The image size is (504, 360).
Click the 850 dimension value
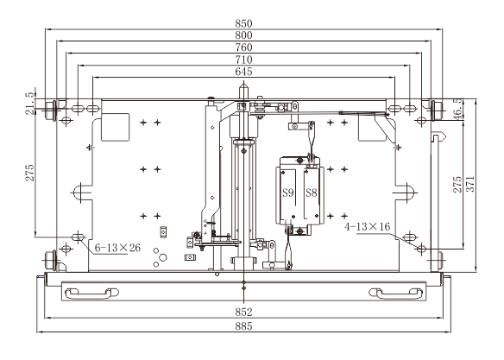click(243, 23)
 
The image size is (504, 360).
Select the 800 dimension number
click(243, 35)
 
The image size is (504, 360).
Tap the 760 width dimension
click(243, 47)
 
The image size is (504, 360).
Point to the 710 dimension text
click(243, 60)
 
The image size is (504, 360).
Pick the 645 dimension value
click(243, 72)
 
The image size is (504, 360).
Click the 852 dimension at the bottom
click(243, 312)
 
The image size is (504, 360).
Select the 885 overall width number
click(243, 326)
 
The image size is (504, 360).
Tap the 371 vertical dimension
click(470, 184)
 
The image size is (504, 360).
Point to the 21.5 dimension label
click(29, 104)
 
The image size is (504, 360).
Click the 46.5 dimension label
click(458, 108)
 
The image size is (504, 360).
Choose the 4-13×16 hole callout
click(367, 226)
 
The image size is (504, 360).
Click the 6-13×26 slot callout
click(117, 248)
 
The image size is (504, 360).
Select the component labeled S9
click(288, 193)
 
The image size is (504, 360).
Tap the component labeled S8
click(312, 193)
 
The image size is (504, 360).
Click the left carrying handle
click(91, 293)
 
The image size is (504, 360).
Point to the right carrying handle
click(395, 293)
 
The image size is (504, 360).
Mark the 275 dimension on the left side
click(29, 173)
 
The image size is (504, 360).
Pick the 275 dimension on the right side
click(457, 184)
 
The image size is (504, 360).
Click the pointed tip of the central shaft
click(243, 83)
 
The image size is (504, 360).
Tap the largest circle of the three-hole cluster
click(163, 257)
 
